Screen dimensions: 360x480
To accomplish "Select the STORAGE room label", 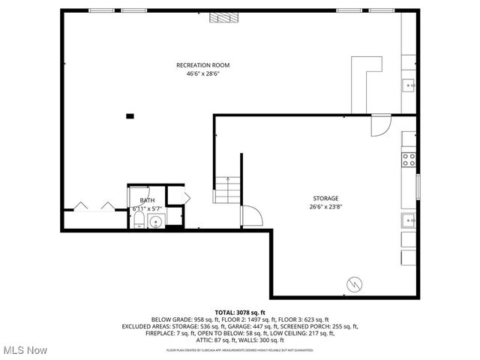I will (325, 199).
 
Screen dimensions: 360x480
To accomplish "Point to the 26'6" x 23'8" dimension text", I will (325, 207).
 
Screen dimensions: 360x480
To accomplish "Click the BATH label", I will (147, 200).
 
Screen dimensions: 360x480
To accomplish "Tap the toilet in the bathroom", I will (139, 219).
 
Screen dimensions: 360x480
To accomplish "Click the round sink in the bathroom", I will (157, 220).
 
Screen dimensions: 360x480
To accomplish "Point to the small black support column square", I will (130, 115).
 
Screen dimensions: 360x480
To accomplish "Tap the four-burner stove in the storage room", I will (409, 159).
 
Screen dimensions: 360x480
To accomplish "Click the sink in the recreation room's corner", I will (409, 85).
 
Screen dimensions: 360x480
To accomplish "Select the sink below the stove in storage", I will (409, 220).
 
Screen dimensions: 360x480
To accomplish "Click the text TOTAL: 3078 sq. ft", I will (240, 311).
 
